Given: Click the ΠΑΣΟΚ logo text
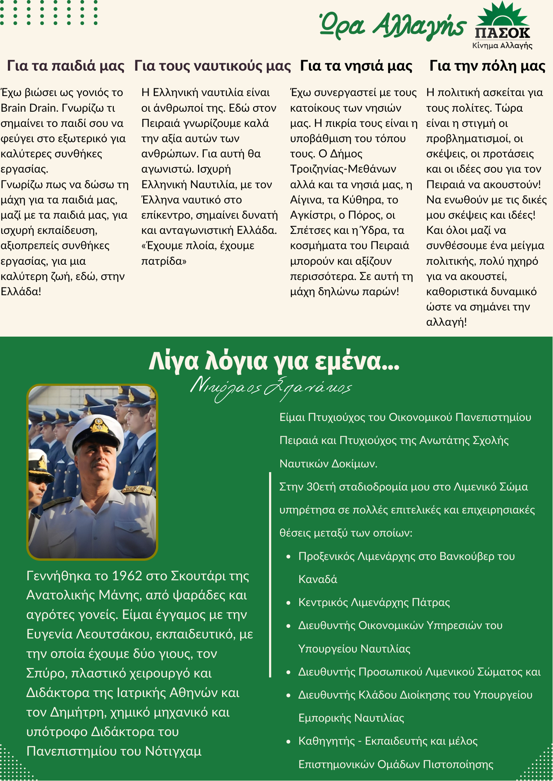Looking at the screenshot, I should [503, 33].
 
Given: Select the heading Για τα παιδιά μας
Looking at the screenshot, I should [66, 66].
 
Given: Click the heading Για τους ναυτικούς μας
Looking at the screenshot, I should [212, 66].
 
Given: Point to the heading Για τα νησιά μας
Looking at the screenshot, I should [356, 66].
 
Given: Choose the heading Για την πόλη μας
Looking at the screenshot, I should [487, 66].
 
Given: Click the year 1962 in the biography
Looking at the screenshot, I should [127, 576].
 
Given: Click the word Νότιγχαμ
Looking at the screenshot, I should [173, 751].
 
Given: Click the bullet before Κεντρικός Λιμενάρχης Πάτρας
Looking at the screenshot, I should [289, 603].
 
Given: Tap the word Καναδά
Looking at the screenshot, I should [318, 579].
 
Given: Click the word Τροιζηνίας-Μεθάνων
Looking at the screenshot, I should [343, 169].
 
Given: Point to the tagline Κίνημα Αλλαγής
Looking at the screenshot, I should [502, 46].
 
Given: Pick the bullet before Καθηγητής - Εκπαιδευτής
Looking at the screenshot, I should [289, 741].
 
